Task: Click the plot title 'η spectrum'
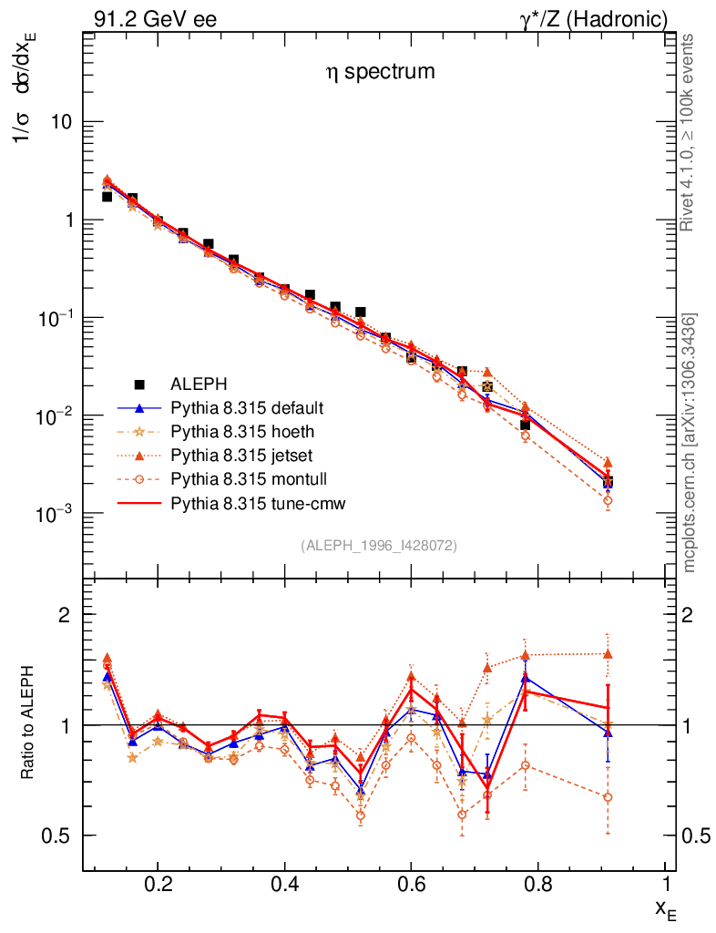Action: [x=381, y=72]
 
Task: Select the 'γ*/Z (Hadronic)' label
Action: [x=594, y=19]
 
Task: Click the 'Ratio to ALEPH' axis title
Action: [x=28, y=725]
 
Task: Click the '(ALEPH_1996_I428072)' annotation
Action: [x=378, y=545]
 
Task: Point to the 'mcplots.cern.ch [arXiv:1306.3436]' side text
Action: [x=690, y=442]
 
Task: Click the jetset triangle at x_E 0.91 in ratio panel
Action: [x=608, y=654]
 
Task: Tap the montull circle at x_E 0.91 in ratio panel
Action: [x=608, y=797]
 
